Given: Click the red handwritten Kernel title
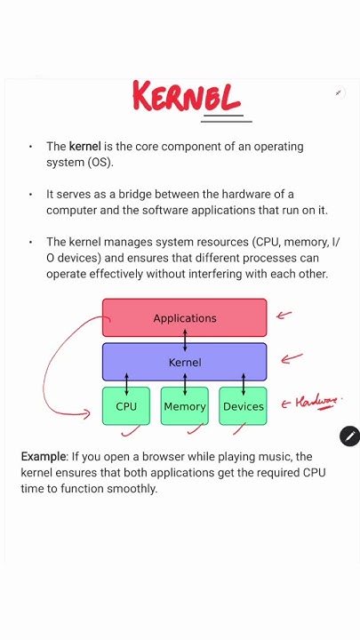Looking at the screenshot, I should click(x=187, y=97).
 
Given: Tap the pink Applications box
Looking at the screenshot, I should click(x=184, y=317).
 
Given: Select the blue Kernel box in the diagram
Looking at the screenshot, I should click(x=184, y=362).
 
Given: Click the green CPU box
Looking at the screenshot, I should click(x=126, y=406).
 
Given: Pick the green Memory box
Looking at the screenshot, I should click(x=184, y=406).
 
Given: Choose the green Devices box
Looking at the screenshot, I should click(x=243, y=406).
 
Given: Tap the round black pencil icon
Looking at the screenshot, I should click(x=349, y=436).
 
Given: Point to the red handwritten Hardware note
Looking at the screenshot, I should click(x=316, y=403).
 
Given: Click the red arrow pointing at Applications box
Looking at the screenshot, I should click(x=284, y=314).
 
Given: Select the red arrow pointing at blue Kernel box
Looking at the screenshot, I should click(x=291, y=358).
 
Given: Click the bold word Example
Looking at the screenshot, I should click(x=44, y=456).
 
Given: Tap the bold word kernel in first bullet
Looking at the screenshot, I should click(x=84, y=146).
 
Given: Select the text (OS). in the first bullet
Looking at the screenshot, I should click(x=100, y=162).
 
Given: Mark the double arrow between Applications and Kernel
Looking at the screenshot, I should click(x=184, y=340).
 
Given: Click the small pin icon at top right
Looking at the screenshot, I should click(x=339, y=92).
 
